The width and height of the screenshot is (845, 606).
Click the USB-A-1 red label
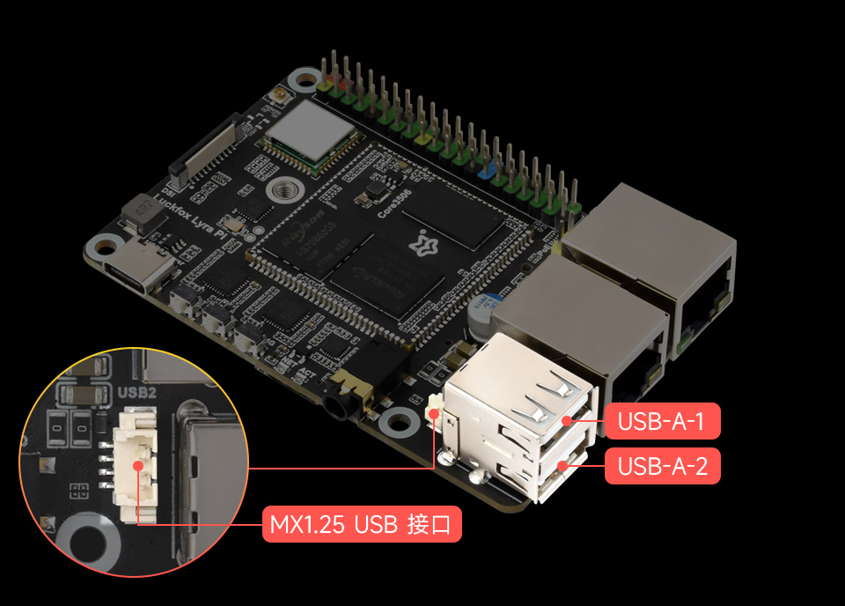pyautogui.click(x=663, y=421)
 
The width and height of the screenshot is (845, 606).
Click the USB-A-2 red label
pyautogui.click(x=663, y=466)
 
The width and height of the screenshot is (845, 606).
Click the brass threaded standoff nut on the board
pyautogui.click(x=284, y=188)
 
